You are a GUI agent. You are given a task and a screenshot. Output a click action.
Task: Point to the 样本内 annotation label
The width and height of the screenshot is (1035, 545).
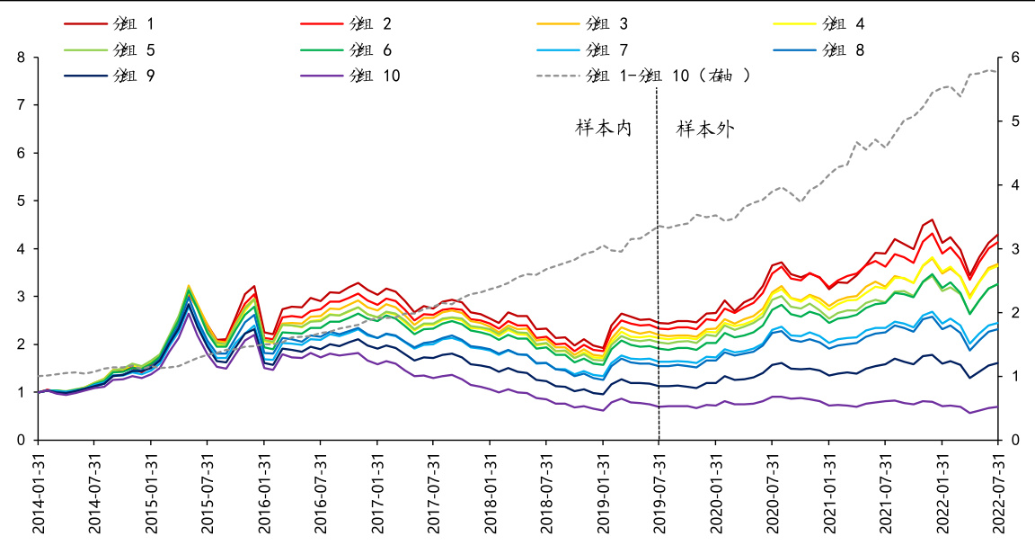point(604,129)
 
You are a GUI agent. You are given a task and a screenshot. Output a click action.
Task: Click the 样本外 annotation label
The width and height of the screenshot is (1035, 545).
point(705,129)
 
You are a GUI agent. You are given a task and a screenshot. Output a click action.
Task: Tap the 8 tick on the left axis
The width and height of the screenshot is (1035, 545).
point(20,58)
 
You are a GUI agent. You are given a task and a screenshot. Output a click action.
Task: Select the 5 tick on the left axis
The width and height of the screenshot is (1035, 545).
point(20,201)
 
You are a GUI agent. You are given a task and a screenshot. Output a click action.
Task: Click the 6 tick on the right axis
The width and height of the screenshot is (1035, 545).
point(1014,58)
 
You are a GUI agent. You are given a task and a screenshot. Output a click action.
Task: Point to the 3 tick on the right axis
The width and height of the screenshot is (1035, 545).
point(1014,248)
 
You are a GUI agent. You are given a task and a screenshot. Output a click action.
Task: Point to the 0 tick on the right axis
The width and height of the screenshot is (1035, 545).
point(1014,440)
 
